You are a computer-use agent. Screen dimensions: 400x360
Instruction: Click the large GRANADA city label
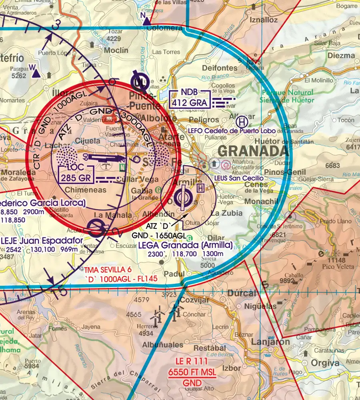[x=253, y=151]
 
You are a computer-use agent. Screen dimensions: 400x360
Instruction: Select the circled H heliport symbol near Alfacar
[x=242, y=120]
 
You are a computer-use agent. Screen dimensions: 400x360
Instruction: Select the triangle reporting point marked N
[x=147, y=21]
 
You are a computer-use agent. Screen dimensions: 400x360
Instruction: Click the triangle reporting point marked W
[x=36, y=73]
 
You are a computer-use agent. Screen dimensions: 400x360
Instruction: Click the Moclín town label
[x=116, y=50]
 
